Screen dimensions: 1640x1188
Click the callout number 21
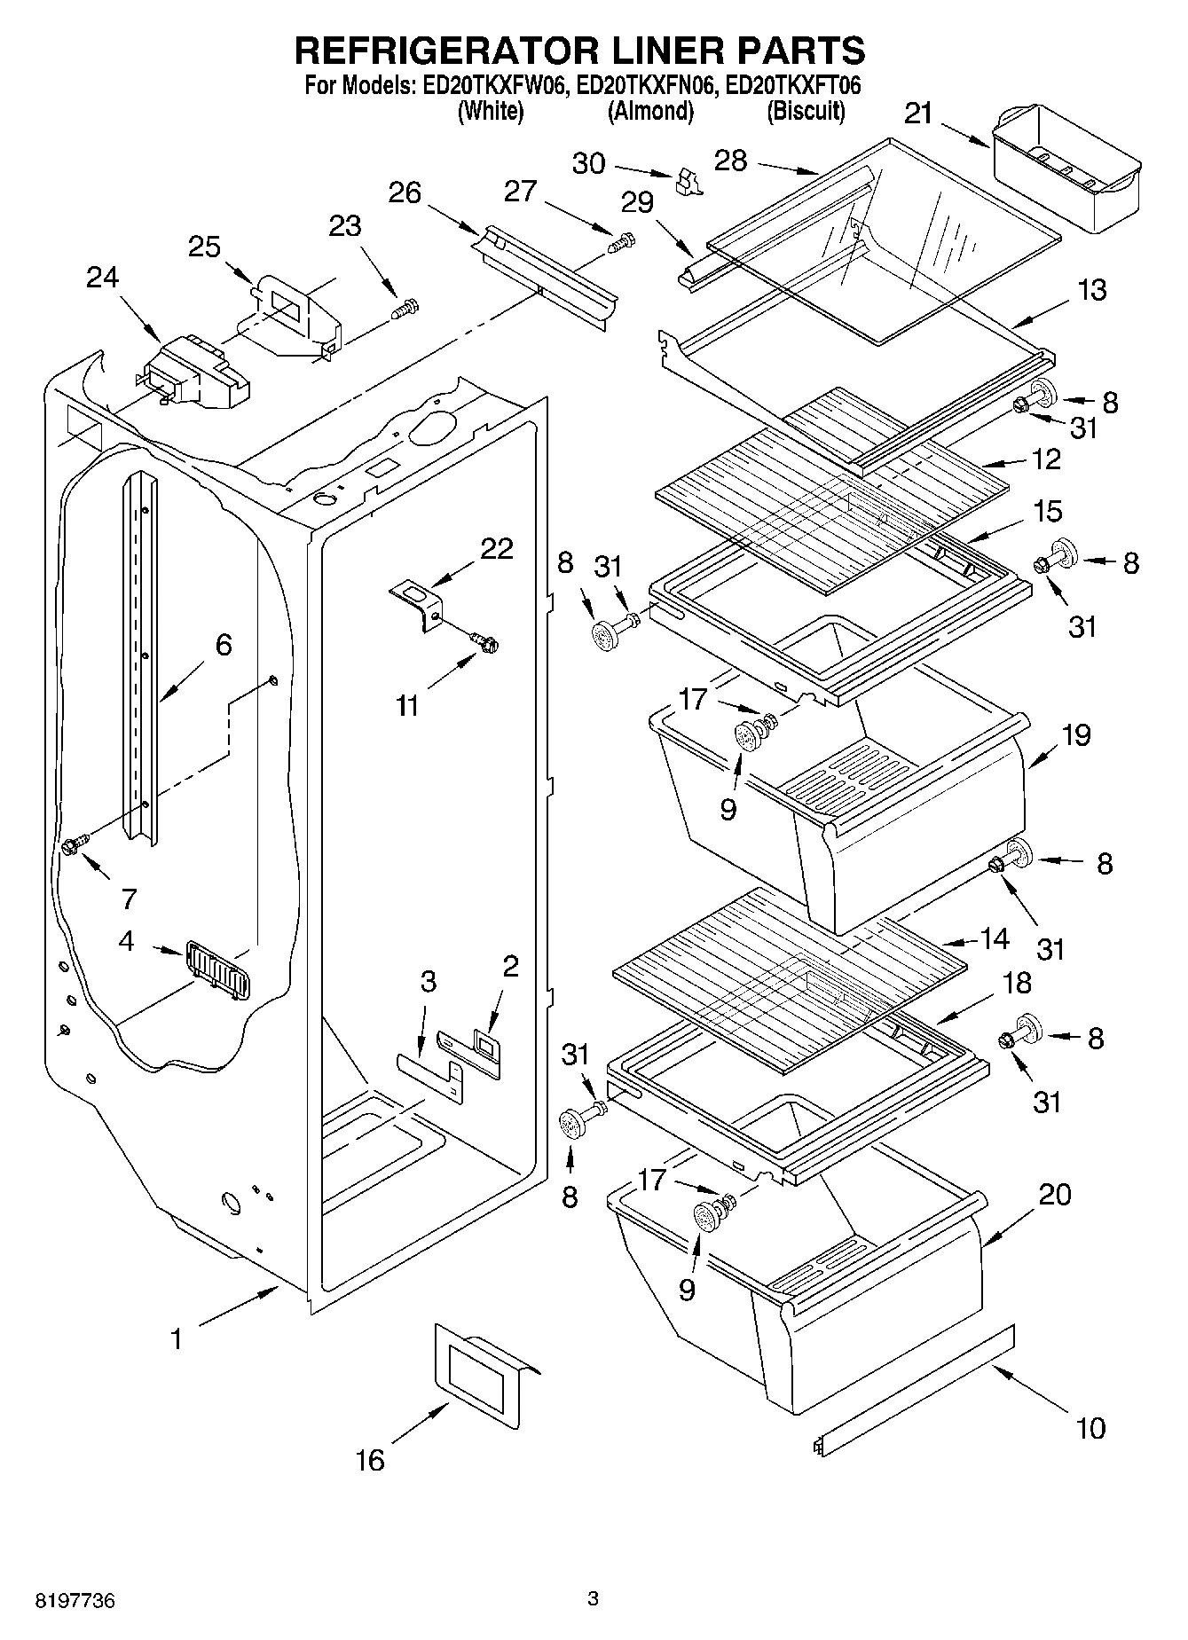pyautogui.click(x=918, y=114)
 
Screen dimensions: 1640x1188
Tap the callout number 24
pyautogui.click(x=102, y=278)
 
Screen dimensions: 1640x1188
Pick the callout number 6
pyautogui.click(x=224, y=645)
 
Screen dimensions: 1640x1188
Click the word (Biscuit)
pyautogui.click(x=806, y=112)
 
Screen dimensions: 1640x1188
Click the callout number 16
pyautogui.click(x=370, y=1459)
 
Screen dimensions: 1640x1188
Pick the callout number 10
pyautogui.click(x=1090, y=1427)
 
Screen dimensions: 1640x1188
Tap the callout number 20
pyautogui.click(x=1055, y=1195)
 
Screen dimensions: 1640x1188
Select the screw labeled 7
pyautogui.click(x=74, y=844)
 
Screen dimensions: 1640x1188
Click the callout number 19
pyautogui.click(x=1075, y=735)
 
